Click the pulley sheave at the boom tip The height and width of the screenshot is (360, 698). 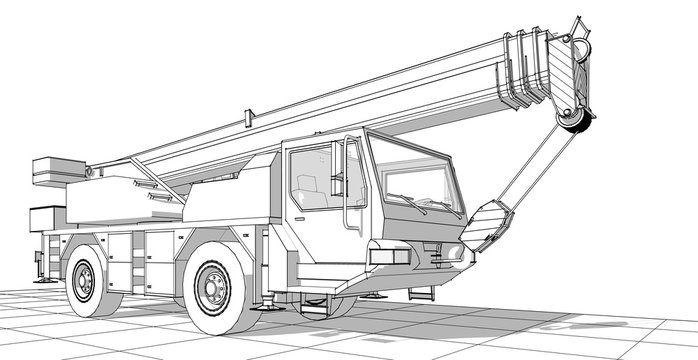point(573,119)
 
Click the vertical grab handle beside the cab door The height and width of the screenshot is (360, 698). point(349,185)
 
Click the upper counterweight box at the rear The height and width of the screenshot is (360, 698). point(55,170)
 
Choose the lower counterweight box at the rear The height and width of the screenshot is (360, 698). point(47,217)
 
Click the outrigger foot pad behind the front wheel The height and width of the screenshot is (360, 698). point(270,307)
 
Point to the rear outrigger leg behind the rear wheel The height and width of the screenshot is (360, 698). point(42,262)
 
